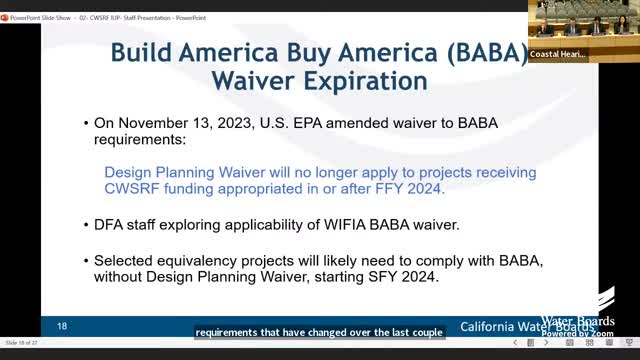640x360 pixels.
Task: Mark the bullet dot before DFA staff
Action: coord(84,220)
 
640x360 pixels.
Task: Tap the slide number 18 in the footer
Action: coord(62,326)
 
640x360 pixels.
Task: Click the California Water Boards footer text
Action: coord(526,327)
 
